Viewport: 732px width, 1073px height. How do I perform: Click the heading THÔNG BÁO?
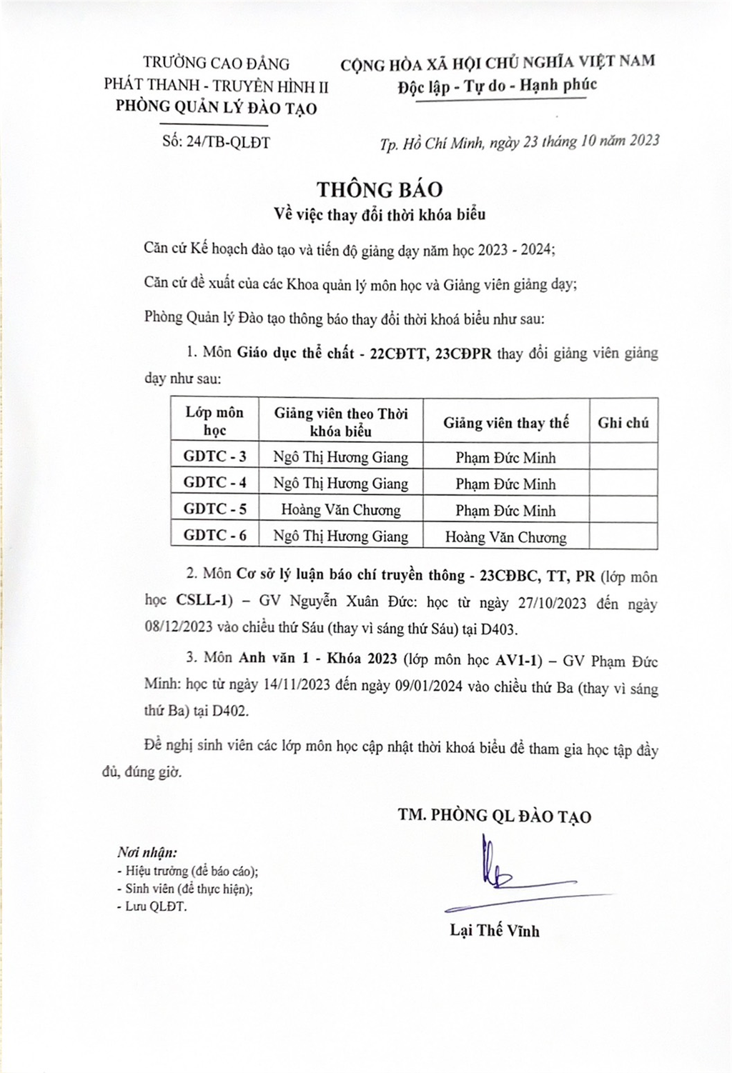click(x=380, y=189)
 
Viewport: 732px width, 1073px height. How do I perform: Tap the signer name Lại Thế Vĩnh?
click(x=495, y=930)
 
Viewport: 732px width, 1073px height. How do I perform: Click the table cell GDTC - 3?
click(x=214, y=456)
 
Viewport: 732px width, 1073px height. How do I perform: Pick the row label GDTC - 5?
click(x=214, y=509)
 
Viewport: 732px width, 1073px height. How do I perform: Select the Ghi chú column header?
click(x=623, y=422)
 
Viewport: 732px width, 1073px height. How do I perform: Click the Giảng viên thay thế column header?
click(x=505, y=422)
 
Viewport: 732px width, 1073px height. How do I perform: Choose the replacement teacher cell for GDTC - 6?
click(x=505, y=536)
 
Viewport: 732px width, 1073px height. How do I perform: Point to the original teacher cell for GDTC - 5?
click(x=340, y=510)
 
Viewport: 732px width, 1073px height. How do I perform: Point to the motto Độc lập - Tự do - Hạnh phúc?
click(x=498, y=86)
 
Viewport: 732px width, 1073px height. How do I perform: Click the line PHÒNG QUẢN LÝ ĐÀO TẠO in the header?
click(x=217, y=108)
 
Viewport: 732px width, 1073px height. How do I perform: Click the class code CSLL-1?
click(x=200, y=603)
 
